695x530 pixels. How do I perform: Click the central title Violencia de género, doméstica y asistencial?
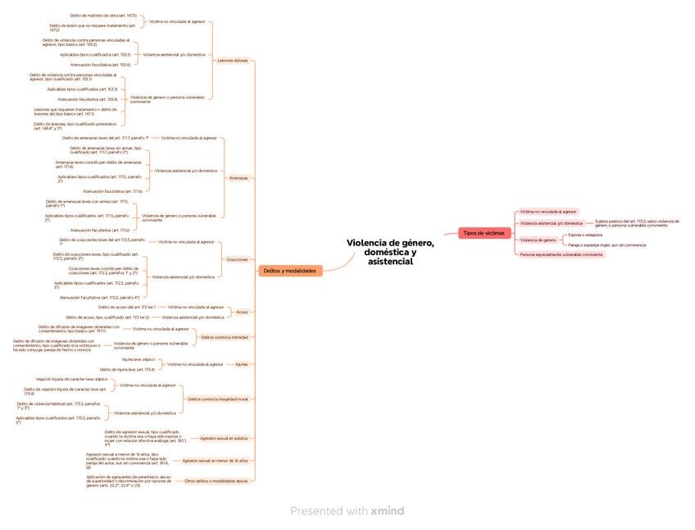point(390,252)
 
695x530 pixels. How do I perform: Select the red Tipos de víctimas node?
point(484,234)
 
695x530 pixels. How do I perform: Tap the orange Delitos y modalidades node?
point(290,270)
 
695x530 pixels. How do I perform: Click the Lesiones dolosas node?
point(233,61)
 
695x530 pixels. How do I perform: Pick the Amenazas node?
point(238,177)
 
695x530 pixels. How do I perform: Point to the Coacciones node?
point(237,259)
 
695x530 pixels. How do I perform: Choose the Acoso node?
point(242,312)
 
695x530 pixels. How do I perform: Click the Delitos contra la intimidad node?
point(225,337)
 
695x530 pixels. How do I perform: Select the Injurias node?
point(242,363)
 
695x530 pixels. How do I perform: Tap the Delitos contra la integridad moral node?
point(218,399)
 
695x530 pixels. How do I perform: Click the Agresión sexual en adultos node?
point(224,438)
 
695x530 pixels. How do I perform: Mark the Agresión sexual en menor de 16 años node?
point(215,461)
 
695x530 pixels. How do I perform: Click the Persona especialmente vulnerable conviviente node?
point(561,254)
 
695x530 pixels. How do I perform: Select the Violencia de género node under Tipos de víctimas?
point(538,240)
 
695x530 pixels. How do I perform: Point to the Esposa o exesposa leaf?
point(585,235)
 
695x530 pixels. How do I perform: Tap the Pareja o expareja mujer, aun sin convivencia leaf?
point(606,244)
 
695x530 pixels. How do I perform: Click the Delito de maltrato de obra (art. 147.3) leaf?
point(104,16)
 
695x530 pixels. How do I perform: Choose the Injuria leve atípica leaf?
point(139,359)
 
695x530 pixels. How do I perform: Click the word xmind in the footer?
point(387,511)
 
